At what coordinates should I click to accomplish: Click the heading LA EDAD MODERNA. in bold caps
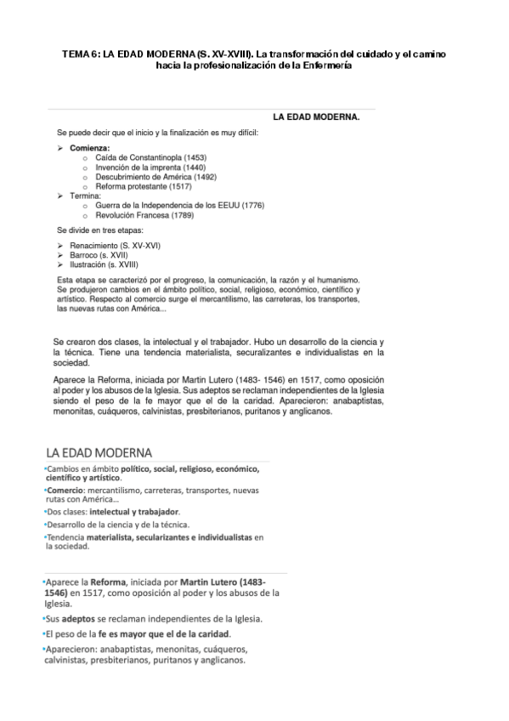pos(315,117)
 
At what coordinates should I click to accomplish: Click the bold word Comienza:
pos(90,149)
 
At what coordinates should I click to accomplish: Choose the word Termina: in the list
pos(86,196)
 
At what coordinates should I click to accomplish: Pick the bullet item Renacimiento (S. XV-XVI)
pos(116,245)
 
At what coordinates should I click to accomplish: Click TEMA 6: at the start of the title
pos(81,54)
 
